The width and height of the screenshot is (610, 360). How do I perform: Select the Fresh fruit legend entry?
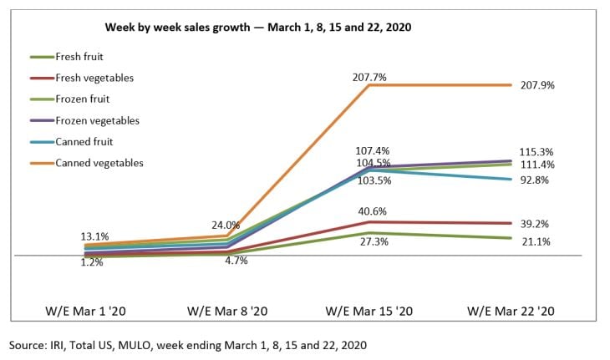84,57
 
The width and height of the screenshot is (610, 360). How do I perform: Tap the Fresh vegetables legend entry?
94,78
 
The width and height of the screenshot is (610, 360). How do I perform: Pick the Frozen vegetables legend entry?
96,120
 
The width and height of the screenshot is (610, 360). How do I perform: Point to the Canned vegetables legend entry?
99,163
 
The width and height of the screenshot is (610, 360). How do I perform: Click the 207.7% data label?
369,76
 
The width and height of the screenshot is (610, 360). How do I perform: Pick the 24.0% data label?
225,225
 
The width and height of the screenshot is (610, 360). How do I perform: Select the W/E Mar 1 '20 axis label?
85,310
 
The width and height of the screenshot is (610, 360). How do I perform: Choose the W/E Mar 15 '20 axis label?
369,310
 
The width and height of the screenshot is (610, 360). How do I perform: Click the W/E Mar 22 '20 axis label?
511,310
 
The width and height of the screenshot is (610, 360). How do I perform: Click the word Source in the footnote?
29,344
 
